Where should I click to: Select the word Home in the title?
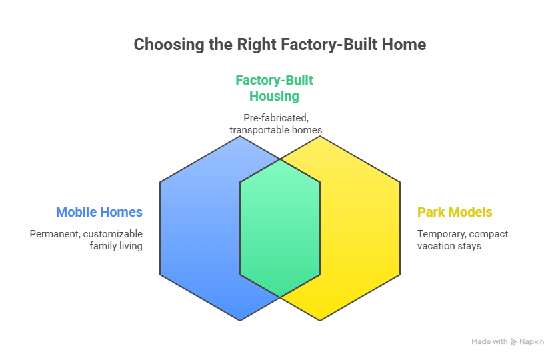[405, 45]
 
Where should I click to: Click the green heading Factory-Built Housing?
[274, 88]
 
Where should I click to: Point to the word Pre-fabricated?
[274, 118]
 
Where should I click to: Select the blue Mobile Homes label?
[99, 213]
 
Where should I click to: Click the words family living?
[116, 246]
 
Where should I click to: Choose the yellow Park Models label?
[455, 213]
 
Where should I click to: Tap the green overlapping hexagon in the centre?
[280, 227]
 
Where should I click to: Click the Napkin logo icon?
[513, 341]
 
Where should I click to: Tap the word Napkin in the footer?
[532, 341]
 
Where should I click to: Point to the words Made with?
[489, 341]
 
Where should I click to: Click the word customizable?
[117, 234]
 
